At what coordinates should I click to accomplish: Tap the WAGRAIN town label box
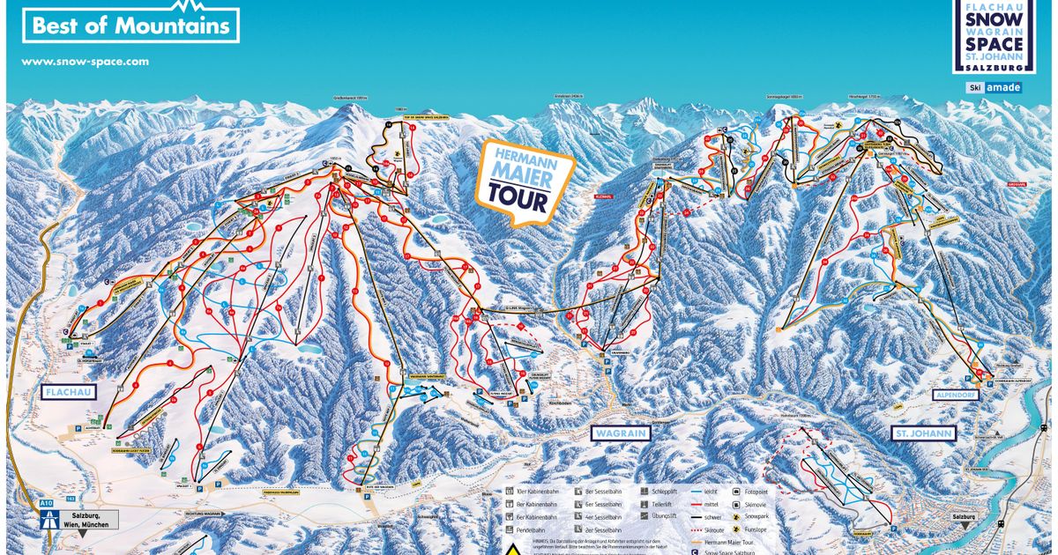pyautogui.click(x=619, y=433)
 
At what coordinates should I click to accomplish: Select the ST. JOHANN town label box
pyautogui.click(x=923, y=433)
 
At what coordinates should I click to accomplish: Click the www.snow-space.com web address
pyautogui.click(x=85, y=62)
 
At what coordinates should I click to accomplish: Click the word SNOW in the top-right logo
pyautogui.click(x=994, y=21)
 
